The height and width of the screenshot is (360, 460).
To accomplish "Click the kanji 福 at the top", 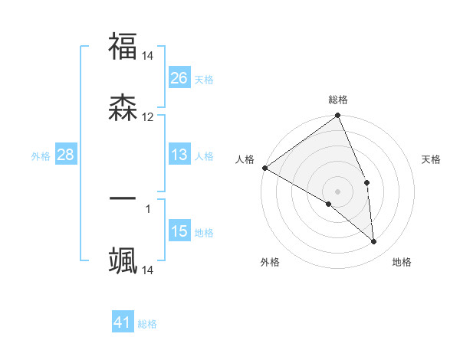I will [x=123, y=47].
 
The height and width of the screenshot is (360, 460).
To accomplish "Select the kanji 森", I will [x=123, y=106].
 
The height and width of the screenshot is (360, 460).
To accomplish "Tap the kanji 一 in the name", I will [x=123, y=198].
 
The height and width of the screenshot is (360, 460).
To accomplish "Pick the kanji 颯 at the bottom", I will [x=123, y=260].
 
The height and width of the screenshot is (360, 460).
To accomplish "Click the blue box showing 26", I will [x=179, y=77].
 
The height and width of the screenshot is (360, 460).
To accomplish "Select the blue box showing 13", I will [x=179, y=155].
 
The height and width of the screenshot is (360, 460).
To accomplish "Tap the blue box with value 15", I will [x=179, y=231].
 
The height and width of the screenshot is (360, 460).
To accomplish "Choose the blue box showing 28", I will [x=66, y=155].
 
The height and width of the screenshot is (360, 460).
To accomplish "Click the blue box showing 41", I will [x=123, y=322].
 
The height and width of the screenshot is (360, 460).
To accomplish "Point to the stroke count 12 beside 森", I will [x=148, y=117].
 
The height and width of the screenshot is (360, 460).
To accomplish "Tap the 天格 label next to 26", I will [x=204, y=79].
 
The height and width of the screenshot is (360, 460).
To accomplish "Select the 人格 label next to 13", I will [x=204, y=156].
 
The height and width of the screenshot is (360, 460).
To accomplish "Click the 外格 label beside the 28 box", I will [x=41, y=156].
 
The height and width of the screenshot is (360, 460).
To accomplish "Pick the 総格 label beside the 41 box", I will [x=147, y=324].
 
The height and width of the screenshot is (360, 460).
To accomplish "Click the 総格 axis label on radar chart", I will [x=338, y=100].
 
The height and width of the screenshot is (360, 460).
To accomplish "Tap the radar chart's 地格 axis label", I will [x=402, y=262].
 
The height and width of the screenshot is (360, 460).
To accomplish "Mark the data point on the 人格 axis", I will [x=264, y=168].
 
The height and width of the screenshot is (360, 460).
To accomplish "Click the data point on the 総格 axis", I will [x=338, y=116].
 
